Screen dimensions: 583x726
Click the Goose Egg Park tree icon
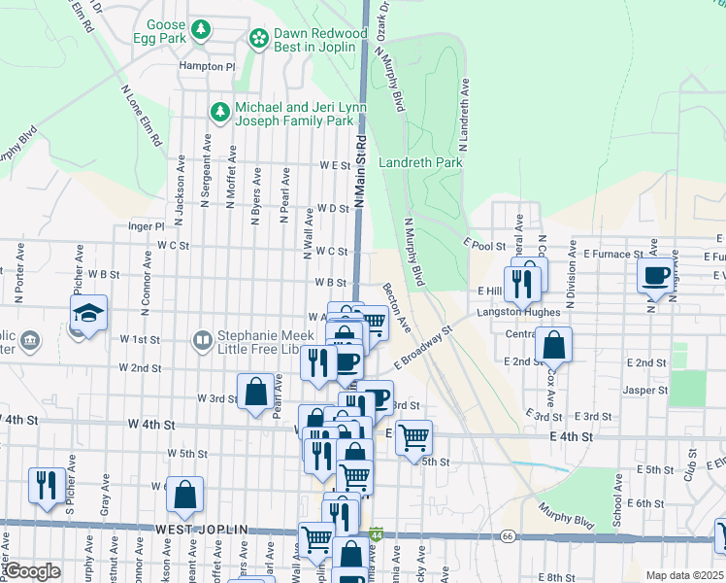[x=201, y=30]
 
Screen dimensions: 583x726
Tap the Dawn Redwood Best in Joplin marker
[x=259, y=38]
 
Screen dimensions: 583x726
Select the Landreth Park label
[x=420, y=163]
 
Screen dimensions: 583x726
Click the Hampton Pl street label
[x=207, y=67]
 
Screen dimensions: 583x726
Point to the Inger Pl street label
[x=147, y=225]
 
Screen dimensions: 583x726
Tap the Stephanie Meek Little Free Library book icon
[x=202, y=340]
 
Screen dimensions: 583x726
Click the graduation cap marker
[x=88, y=313]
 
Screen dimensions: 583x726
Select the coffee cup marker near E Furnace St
[x=657, y=275]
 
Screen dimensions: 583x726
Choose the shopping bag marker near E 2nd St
[x=552, y=345]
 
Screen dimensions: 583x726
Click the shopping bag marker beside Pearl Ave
[x=255, y=393]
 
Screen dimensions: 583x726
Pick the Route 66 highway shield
[x=507, y=535]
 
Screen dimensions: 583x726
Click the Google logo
[x=32, y=571]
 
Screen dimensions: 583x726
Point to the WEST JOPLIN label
[x=202, y=530]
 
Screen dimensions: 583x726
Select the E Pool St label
[x=484, y=245]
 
